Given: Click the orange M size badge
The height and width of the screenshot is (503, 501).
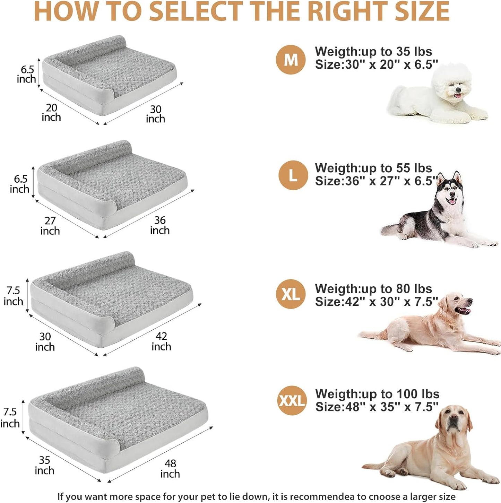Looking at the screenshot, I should pyautogui.click(x=291, y=60).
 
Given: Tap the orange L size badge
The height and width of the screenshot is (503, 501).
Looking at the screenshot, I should pyautogui.click(x=293, y=175).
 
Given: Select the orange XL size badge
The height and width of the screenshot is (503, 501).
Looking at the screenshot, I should pyautogui.click(x=291, y=294).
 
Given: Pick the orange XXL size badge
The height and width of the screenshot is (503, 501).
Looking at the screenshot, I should pyautogui.click(x=292, y=401).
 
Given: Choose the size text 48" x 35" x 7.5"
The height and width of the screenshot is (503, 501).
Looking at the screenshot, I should pyautogui.click(x=392, y=407).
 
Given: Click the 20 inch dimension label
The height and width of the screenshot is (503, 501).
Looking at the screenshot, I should pyautogui.click(x=51, y=113).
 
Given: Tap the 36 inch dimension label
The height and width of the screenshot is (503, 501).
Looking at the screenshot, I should pyautogui.click(x=160, y=225).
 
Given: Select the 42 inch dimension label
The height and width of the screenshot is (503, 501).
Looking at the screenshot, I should pyautogui.click(x=161, y=341).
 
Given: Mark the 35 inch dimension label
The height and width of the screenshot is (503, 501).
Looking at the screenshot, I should pyautogui.click(x=44, y=465).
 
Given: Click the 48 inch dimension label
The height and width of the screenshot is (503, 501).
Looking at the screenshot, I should pyautogui.click(x=170, y=469).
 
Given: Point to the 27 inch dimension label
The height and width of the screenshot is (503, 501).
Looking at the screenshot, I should pyautogui.click(x=50, y=226).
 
